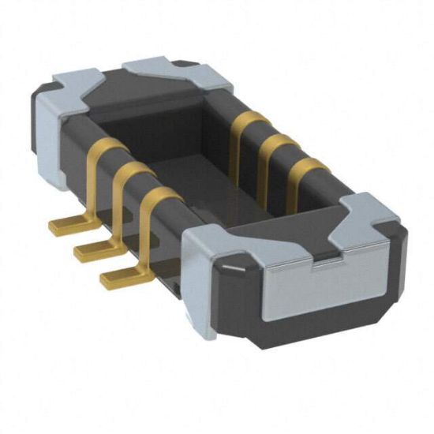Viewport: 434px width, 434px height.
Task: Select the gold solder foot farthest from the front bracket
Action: [68, 226]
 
